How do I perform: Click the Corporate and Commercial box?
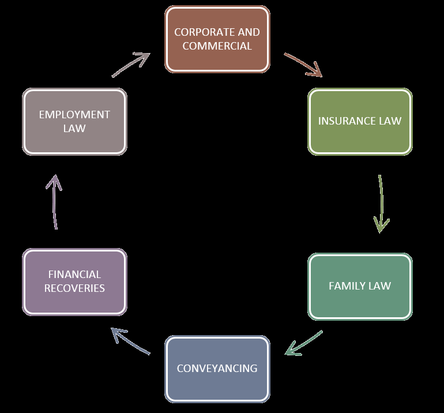pyautogui.click(x=217, y=39)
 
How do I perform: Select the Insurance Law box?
pyautogui.click(x=360, y=121)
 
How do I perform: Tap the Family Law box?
pyautogui.click(x=360, y=286)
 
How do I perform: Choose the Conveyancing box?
pyautogui.click(x=217, y=369)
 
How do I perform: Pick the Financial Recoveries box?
pyautogui.click(x=74, y=281)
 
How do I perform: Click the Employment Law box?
pyautogui.click(x=74, y=121)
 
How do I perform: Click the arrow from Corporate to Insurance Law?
pyautogui.click(x=303, y=65)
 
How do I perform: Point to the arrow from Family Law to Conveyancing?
pyautogui.click(x=304, y=343)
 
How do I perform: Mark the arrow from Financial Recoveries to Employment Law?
pyautogui.click(x=54, y=202)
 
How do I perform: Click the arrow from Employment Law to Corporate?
pyautogui.click(x=131, y=64)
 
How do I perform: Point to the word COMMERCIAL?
pyautogui.click(x=217, y=46)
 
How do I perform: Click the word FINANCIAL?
pyautogui.click(x=74, y=275)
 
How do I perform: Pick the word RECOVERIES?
pyautogui.click(x=74, y=288)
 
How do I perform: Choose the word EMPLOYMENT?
pyautogui.click(x=74, y=114)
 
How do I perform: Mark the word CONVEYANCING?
pyautogui.click(x=217, y=368)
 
